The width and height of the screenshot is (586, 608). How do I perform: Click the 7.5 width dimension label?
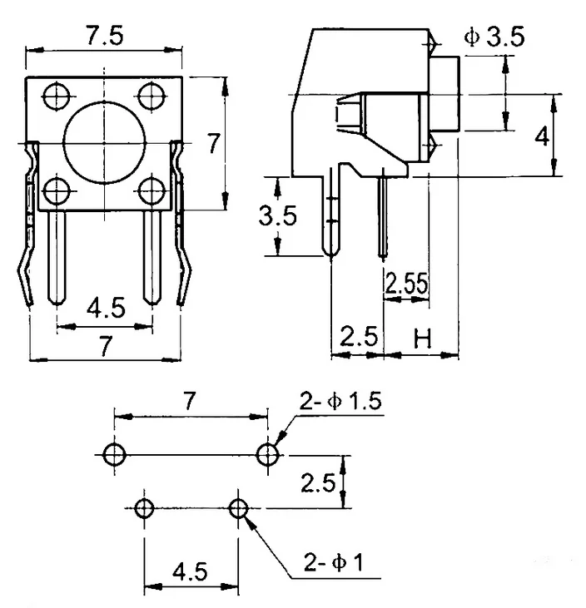(105, 37)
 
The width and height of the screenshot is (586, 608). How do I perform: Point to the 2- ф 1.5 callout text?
(340, 402)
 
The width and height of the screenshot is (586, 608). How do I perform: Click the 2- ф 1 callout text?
(333, 563)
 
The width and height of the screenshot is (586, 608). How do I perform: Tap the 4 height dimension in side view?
(542, 136)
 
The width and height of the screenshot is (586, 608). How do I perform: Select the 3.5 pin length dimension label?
(277, 216)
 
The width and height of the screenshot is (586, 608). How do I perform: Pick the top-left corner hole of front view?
(57, 96)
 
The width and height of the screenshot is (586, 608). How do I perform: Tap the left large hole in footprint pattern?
(113, 454)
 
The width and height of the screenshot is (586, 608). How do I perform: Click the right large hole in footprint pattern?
(268, 454)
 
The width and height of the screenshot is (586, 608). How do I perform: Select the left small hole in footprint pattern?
(145, 508)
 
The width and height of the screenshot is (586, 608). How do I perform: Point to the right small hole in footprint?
(240, 508)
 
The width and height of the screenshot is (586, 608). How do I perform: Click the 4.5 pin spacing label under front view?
(105, 309)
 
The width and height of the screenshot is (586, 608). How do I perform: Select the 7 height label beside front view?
(214, 143)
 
